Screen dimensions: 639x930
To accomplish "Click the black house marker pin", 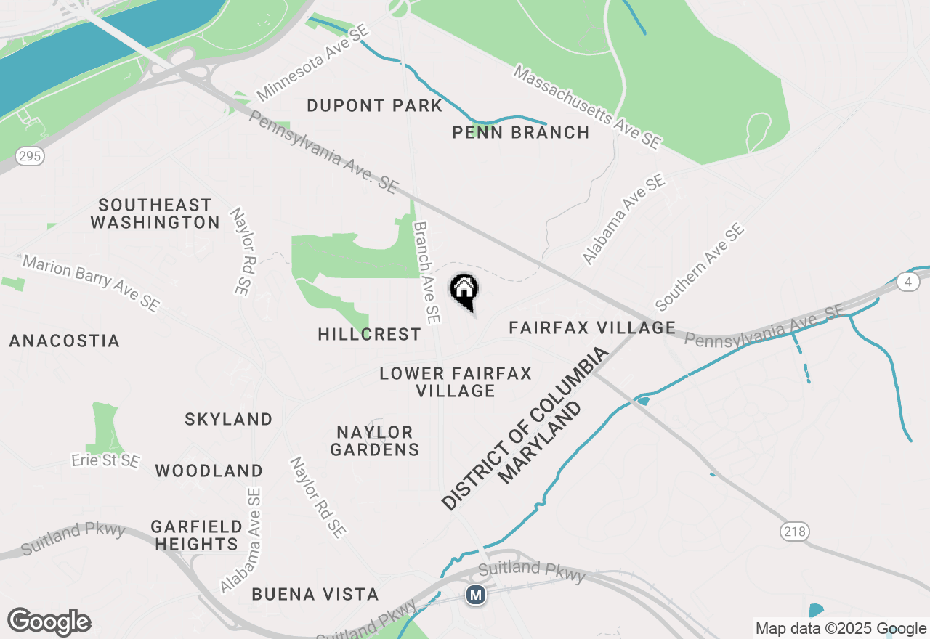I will pyautogui.click(x=464, y=290).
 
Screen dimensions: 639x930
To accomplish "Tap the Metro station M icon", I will pyautogui.click(x=476, y=595).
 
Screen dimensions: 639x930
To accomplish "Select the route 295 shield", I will pyautogui.click(x=30, y=156).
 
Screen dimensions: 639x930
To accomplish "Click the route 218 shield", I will pyautogui.click(x=796, y=532).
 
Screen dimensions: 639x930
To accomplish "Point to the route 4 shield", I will pyautogui.click(x=907, y=282).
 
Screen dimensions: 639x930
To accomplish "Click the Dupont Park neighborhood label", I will pyautogui.click(x=374, y=105).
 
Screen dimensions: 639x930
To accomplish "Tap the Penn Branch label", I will pyautogui.click(x=520, y=132).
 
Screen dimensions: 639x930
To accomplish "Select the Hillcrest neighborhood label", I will pyautogui.click(x=369, y=334).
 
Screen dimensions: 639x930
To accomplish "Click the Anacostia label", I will pyautogui.click(x=64, y=341).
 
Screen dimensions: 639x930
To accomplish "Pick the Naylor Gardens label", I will pyautogui.click(x=375, y=441).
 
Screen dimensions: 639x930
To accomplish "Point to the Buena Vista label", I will pyautogui.click(x=315, y=594).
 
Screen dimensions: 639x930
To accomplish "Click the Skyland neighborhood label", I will pyautogui.click(x=228, y=419).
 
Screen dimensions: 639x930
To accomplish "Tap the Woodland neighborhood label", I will pyautogui.click(x=209, y=471).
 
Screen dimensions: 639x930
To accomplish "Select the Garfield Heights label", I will pyautogui.click(x=196, y=534).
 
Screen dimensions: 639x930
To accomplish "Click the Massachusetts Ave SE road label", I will pyautogui.click(x=587, y=107).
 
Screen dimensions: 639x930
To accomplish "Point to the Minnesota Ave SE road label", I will pyautogui.click(x=313, y=64).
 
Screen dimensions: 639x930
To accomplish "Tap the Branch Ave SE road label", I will pyautogui.click(x=426, y=272).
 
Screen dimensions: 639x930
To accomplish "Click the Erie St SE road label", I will pyautogui.click(x=105, y=460).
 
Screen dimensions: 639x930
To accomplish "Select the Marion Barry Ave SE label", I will pyautogui.click(x=90, y=282).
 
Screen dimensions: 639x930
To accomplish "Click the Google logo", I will pyautogui.click(x=49, y=622).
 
